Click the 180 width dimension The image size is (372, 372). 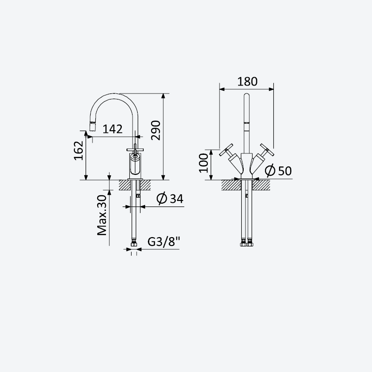point(247,82)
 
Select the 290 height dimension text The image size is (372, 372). point(156,131)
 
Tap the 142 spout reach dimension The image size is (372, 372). point(113,129)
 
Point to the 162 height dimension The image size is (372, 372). point(79,151)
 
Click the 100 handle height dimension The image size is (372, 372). point(204,163)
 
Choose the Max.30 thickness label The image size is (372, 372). point(102,215)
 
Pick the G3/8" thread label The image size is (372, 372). point(164,242)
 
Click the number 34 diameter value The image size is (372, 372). point(177,199)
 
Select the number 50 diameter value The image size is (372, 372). point(285,171)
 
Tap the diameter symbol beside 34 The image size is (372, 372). point(162,199)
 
